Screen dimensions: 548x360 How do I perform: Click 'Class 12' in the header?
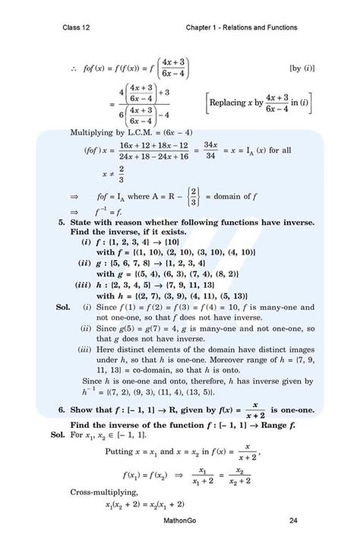click(x=78, y=28)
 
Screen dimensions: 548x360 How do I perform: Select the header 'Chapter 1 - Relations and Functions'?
click(x=241, y=28)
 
